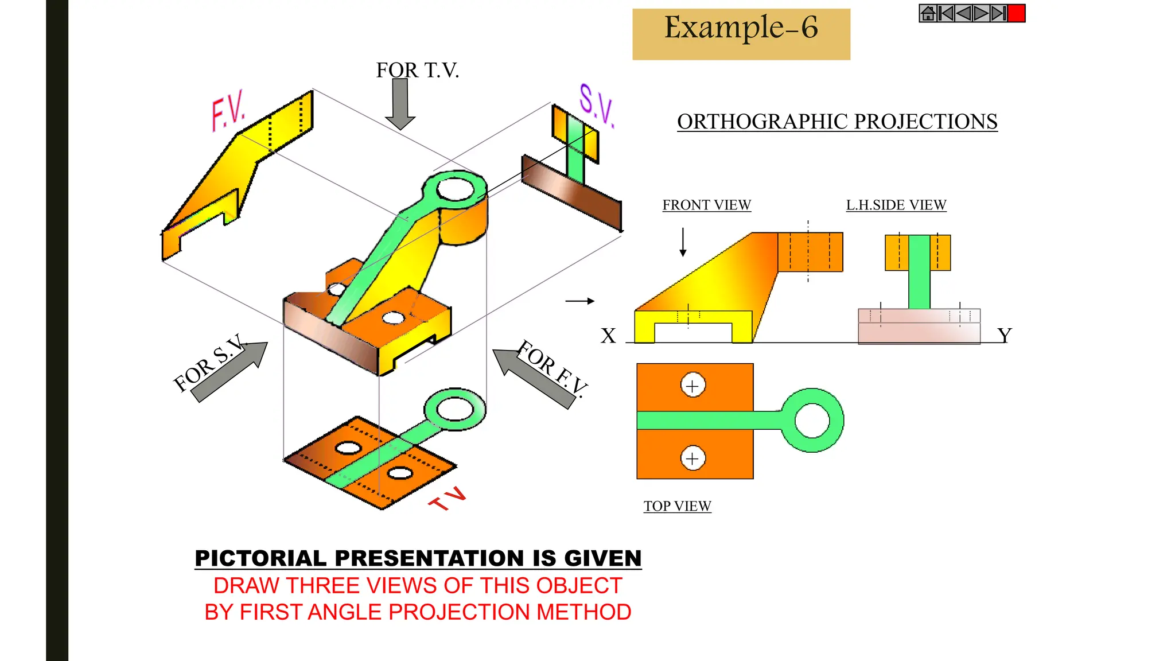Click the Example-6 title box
[x=741, y=34]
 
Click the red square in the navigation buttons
[x=1016, y=13]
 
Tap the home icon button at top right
[x=928, y=13]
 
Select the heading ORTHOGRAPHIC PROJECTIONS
[x=836, y=122]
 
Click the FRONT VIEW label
[x=706, y=205]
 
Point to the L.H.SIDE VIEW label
[x=896, y=205]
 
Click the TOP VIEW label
[x=677, y=506]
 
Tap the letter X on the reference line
[x=608, y=336]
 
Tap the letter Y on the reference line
[x=1004, y=335]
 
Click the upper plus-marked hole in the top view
[x=692, y=386]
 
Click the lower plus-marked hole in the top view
[x=692, y=458]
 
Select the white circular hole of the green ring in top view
[x=812, y=421]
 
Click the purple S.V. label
[x=596, y=106]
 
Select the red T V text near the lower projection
[x=448, y=499]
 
